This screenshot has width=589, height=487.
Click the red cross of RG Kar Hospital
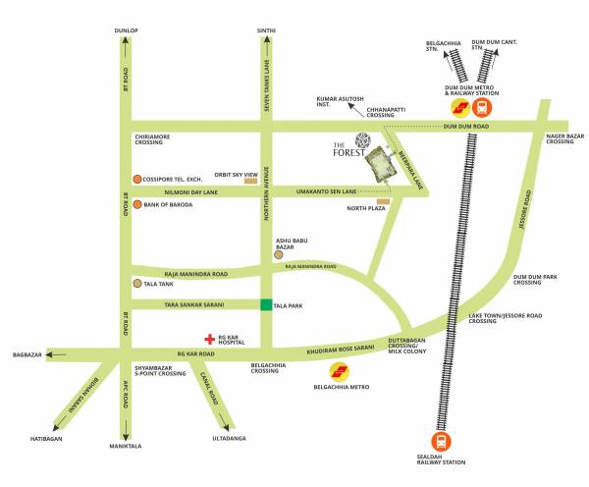[208, 336]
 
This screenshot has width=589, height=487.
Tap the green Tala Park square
[266, 305]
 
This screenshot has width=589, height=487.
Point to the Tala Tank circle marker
[136, 284]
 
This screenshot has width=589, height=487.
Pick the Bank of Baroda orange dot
[136, 205]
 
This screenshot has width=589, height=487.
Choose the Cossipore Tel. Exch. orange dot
[136, 179]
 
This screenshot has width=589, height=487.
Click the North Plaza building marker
[383, 201]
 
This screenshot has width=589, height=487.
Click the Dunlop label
[127, 31]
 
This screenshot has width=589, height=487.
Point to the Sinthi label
[266, 31]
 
